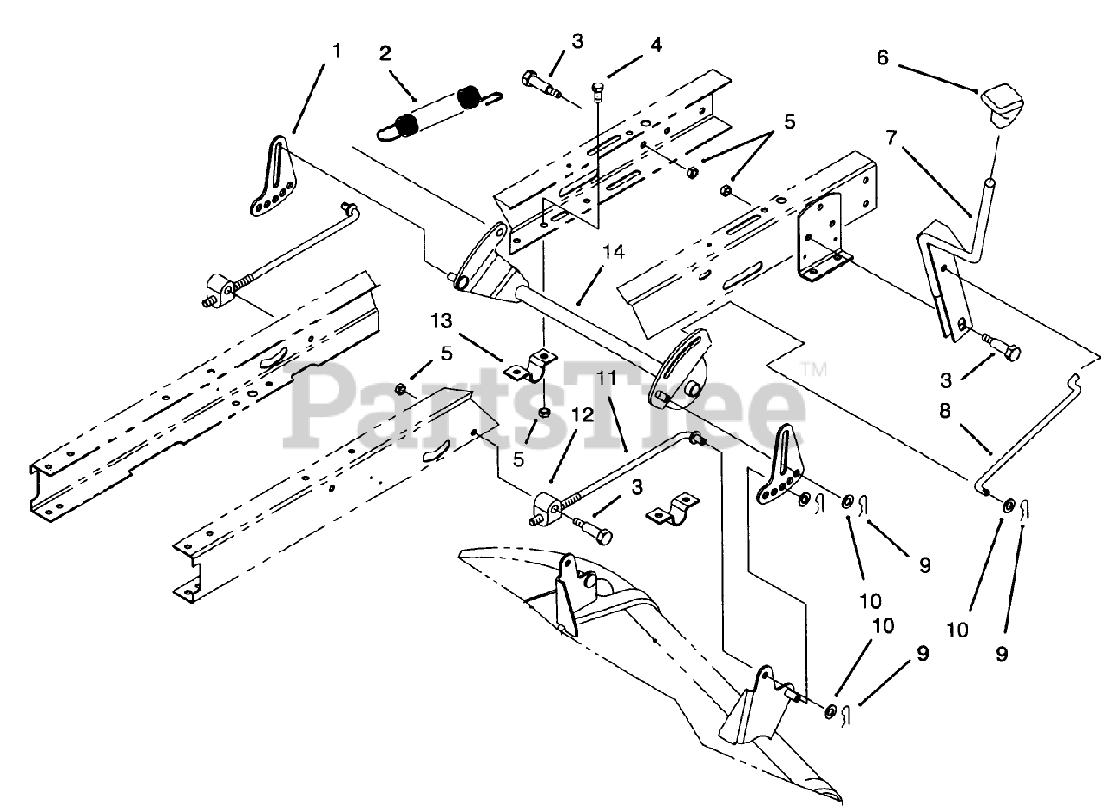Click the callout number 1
pos(338,50)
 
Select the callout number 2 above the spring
pos(385,54)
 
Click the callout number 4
pos(655,46)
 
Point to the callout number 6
pos(883,58)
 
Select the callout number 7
pos(891,138)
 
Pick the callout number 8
pos(945,411)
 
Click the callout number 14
pos(613,252)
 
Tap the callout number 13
pos(442,320)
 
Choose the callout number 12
pos(582,414)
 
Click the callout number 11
pos(606,378)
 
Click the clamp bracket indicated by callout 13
pos(531,366)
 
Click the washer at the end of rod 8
pos(1008,506)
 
